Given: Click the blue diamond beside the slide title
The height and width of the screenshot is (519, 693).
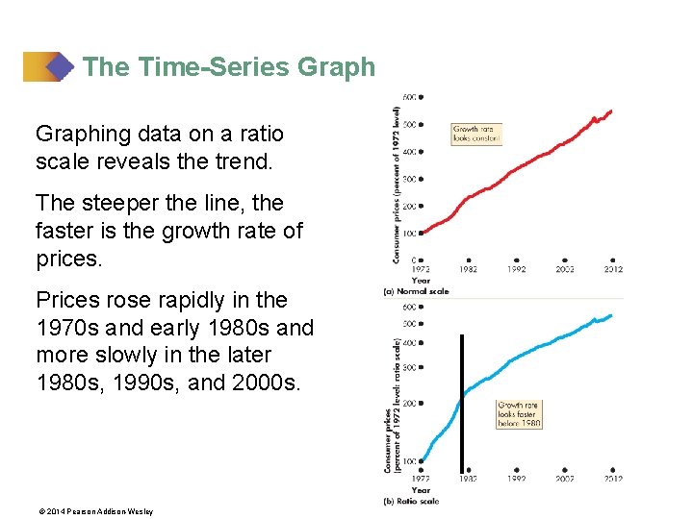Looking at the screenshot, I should pos(61,67).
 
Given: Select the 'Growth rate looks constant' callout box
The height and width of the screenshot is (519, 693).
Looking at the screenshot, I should pos(476,134).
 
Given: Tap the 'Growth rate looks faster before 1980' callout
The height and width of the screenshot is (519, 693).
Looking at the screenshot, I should pos(519,414).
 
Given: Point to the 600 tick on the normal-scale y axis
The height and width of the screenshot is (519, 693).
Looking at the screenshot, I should pos(411,97).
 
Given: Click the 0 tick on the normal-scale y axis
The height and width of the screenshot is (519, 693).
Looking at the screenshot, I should pos(415,259).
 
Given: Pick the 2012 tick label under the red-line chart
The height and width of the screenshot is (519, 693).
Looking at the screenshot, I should pos(613,269).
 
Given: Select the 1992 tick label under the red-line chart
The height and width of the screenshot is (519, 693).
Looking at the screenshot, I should pos(517,269).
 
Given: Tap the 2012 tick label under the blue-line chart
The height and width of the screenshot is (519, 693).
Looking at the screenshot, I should pos(612,479).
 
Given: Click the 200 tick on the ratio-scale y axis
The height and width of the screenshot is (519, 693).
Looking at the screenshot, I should pos(411,404).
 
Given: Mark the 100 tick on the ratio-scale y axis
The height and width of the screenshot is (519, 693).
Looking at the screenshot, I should pos(411,461).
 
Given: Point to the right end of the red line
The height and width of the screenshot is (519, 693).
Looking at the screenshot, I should pos(611,111).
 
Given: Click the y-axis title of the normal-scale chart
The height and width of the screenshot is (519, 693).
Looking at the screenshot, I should pos(396,185).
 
